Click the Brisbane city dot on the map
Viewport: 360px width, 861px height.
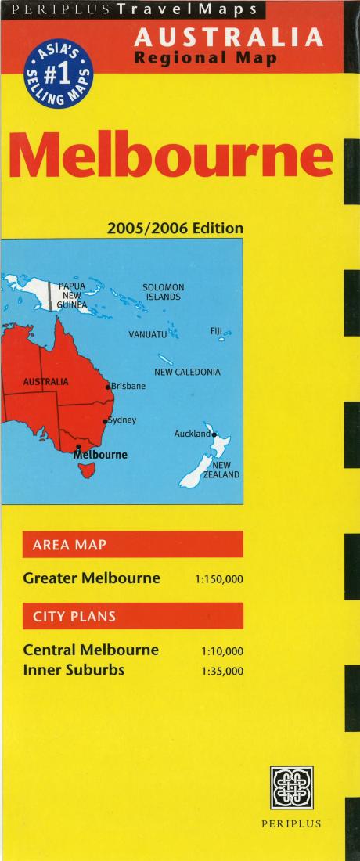[x=108, y=387]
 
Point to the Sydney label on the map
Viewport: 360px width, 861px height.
[x=122, y=420]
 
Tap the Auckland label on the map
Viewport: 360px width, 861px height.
[x=192, y=434]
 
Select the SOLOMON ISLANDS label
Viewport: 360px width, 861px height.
[x=163, y=292]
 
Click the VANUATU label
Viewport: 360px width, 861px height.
[x=148, y=335]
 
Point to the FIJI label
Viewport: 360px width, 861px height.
[x=217, y=331]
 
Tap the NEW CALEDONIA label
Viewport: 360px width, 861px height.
[x=187, y=373]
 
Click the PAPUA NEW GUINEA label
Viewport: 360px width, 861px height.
[x=72, y=296]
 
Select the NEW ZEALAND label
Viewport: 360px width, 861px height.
[x=221, y=470]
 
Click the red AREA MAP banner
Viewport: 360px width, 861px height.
[x=133, y=544]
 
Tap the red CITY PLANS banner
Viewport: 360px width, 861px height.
[x=133, y=616]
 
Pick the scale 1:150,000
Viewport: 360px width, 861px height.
[x=219, y=580]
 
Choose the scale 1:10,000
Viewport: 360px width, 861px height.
[x=222, y=651]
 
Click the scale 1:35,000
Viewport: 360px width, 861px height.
[x=222, y=671]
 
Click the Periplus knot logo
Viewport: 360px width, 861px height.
[x=291, y=787]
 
